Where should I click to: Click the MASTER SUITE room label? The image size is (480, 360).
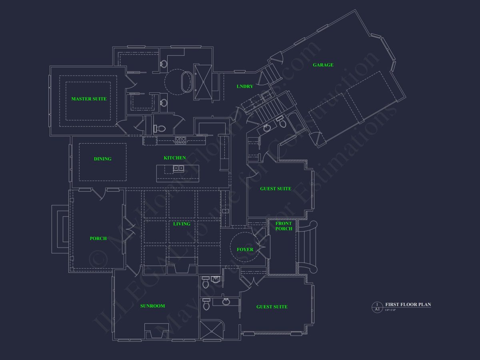(x=89, y=99)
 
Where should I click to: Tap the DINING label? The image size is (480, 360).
(x=103, y=159)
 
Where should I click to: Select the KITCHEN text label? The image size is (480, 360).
(x=175, y=158)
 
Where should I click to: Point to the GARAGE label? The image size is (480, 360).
(x=323, y=65)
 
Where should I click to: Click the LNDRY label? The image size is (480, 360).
(x=245, y=86)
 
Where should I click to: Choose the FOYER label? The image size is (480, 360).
(x=245, y=250)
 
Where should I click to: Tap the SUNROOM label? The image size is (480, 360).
(x=152, y=306)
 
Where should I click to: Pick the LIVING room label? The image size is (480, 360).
(x=182, y=224)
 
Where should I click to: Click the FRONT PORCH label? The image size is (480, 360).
(x=284, y=226)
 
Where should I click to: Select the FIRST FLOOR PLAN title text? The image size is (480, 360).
(x=408, y=305)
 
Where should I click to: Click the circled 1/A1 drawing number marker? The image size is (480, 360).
(x=377, y=307)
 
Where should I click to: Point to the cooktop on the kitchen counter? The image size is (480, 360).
(x=180, y=140)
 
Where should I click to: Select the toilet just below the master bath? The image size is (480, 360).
(x=159, y=129)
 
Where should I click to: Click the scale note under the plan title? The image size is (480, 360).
(x=390, y=310)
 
